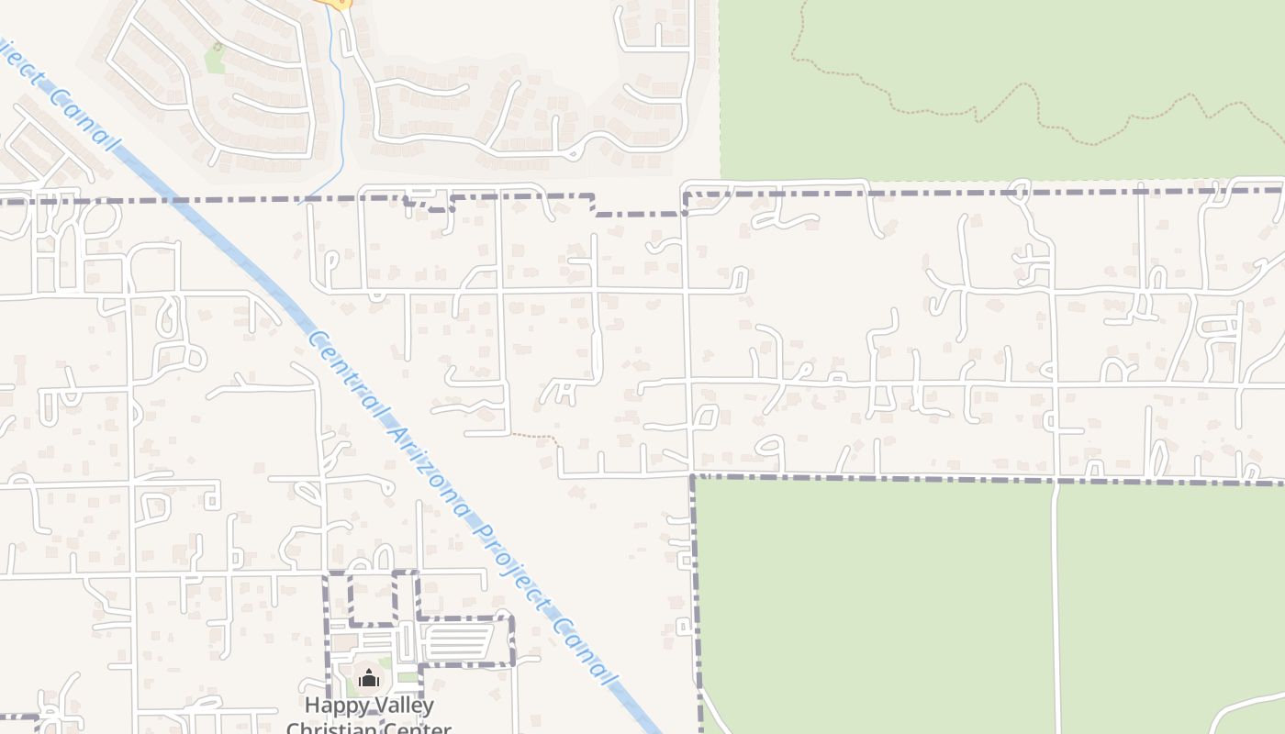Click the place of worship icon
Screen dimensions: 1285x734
point(369,679)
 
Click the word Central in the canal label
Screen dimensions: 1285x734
point(336,361)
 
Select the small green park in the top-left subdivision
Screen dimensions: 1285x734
point(215,61)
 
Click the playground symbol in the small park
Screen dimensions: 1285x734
point(218,47)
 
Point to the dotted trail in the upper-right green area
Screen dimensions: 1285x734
point(1010,101)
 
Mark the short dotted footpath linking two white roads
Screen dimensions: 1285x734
point(536,437)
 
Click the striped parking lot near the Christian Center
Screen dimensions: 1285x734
point(459,641)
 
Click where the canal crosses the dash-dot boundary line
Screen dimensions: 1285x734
point(166,199)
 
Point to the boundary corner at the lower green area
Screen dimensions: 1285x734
point(693,476)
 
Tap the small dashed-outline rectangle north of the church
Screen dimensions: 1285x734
point(372,598)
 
